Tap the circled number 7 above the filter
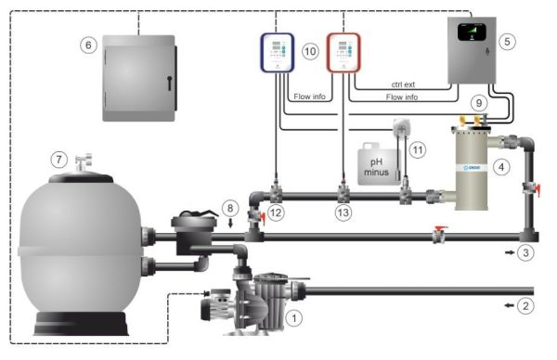coord(59,160)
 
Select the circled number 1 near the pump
coord(295,317)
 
